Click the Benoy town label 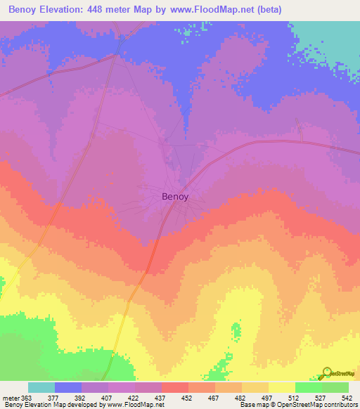point(175,197)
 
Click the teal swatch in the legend point(41,387)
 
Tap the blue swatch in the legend point(68,387)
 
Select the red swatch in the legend point(175,387)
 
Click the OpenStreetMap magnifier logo point(326,372)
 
